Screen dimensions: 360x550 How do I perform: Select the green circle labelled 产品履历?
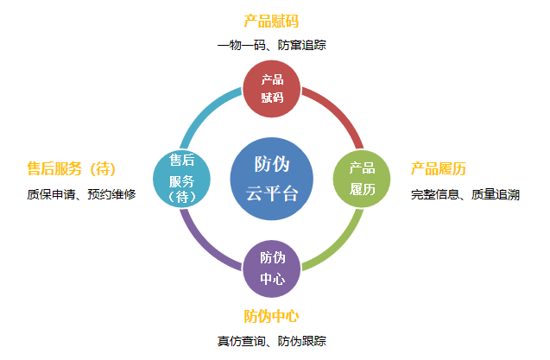pos(362,179)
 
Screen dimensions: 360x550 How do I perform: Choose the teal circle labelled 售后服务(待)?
pos(180,179)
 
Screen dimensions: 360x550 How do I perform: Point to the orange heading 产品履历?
pos(439,168)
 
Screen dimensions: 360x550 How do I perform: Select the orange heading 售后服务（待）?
pos(73,168)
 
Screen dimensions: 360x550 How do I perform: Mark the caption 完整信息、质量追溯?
pos(465,195)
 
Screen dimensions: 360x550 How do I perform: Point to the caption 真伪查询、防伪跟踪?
pos(271,341)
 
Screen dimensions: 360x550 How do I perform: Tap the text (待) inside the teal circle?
pos(180,197)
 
